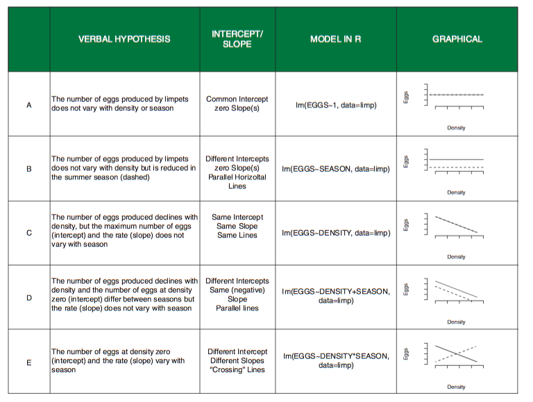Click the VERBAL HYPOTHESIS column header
124,39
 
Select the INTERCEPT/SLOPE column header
237,39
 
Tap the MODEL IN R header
335,39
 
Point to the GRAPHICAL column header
457,39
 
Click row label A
29,105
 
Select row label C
29,233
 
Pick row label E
29,362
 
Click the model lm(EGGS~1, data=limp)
336,105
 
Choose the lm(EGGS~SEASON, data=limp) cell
336,168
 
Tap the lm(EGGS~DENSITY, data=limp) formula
336,233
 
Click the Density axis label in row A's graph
456,128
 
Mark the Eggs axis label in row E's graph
405,353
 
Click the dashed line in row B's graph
456,168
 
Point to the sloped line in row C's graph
456,225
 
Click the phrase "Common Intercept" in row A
237,99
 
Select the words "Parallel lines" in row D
237,308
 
